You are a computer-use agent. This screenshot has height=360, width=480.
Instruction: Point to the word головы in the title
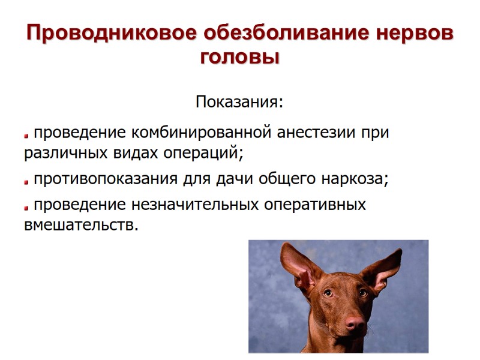240,58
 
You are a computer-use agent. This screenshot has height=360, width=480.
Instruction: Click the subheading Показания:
239,102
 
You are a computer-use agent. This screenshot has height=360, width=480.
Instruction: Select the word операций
204,153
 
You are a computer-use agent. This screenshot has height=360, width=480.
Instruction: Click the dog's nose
355,326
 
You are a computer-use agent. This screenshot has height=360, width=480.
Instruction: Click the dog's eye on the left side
328,293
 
